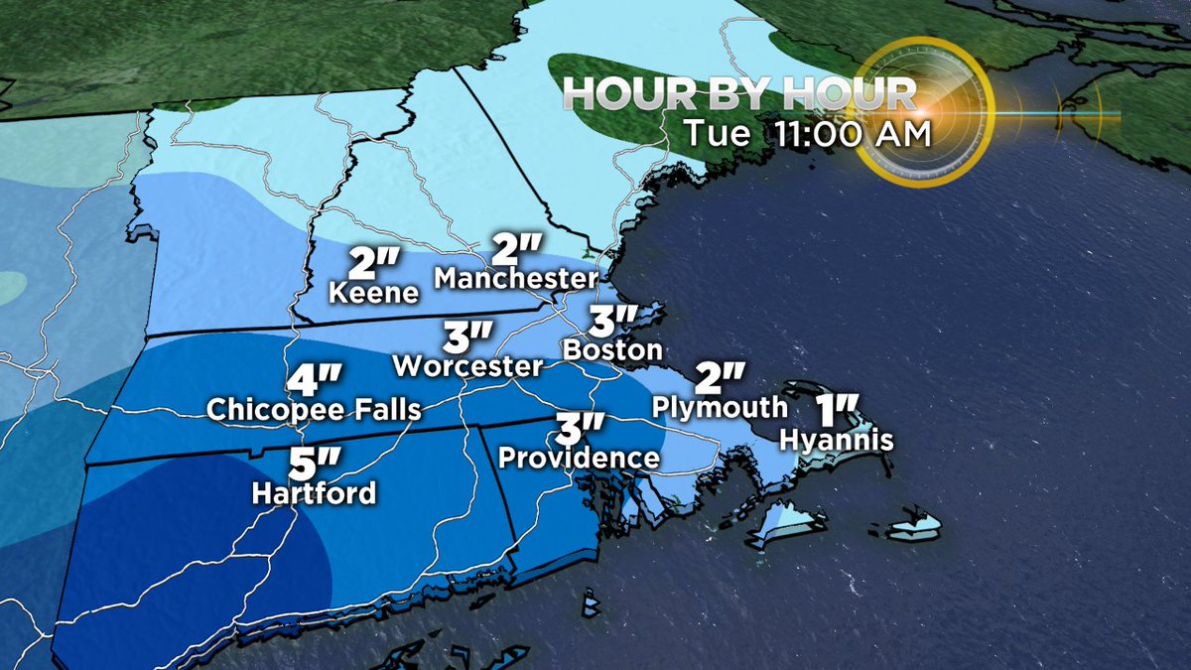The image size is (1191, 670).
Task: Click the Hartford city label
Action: point(314,492)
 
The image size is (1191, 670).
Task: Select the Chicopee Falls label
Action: point(314,409)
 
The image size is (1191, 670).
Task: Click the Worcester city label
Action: point(467,365)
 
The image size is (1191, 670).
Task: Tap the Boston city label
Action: point(611,349)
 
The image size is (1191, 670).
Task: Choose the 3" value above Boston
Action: point(611,321)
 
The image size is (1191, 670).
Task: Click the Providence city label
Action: point(579,458)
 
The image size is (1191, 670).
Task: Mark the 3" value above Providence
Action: point(579,429)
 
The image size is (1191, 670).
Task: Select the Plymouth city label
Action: point(720,407)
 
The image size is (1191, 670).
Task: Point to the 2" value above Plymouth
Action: point(720,377)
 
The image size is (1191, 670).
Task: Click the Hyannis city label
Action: point(837,438)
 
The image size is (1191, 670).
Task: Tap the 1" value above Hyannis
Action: point(836,409)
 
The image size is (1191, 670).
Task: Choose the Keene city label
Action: point(374,293)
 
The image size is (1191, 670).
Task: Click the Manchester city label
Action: point(516,279)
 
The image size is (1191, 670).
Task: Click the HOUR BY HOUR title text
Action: point(739,94)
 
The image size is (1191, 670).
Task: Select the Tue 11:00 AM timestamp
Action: point(807,134)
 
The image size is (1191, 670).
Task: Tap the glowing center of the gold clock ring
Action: point(922,114)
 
